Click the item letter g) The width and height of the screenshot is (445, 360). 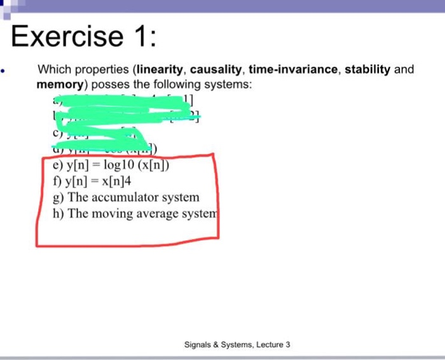59,198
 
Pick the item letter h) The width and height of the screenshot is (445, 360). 59,214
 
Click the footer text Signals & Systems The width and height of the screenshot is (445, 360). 217,344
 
